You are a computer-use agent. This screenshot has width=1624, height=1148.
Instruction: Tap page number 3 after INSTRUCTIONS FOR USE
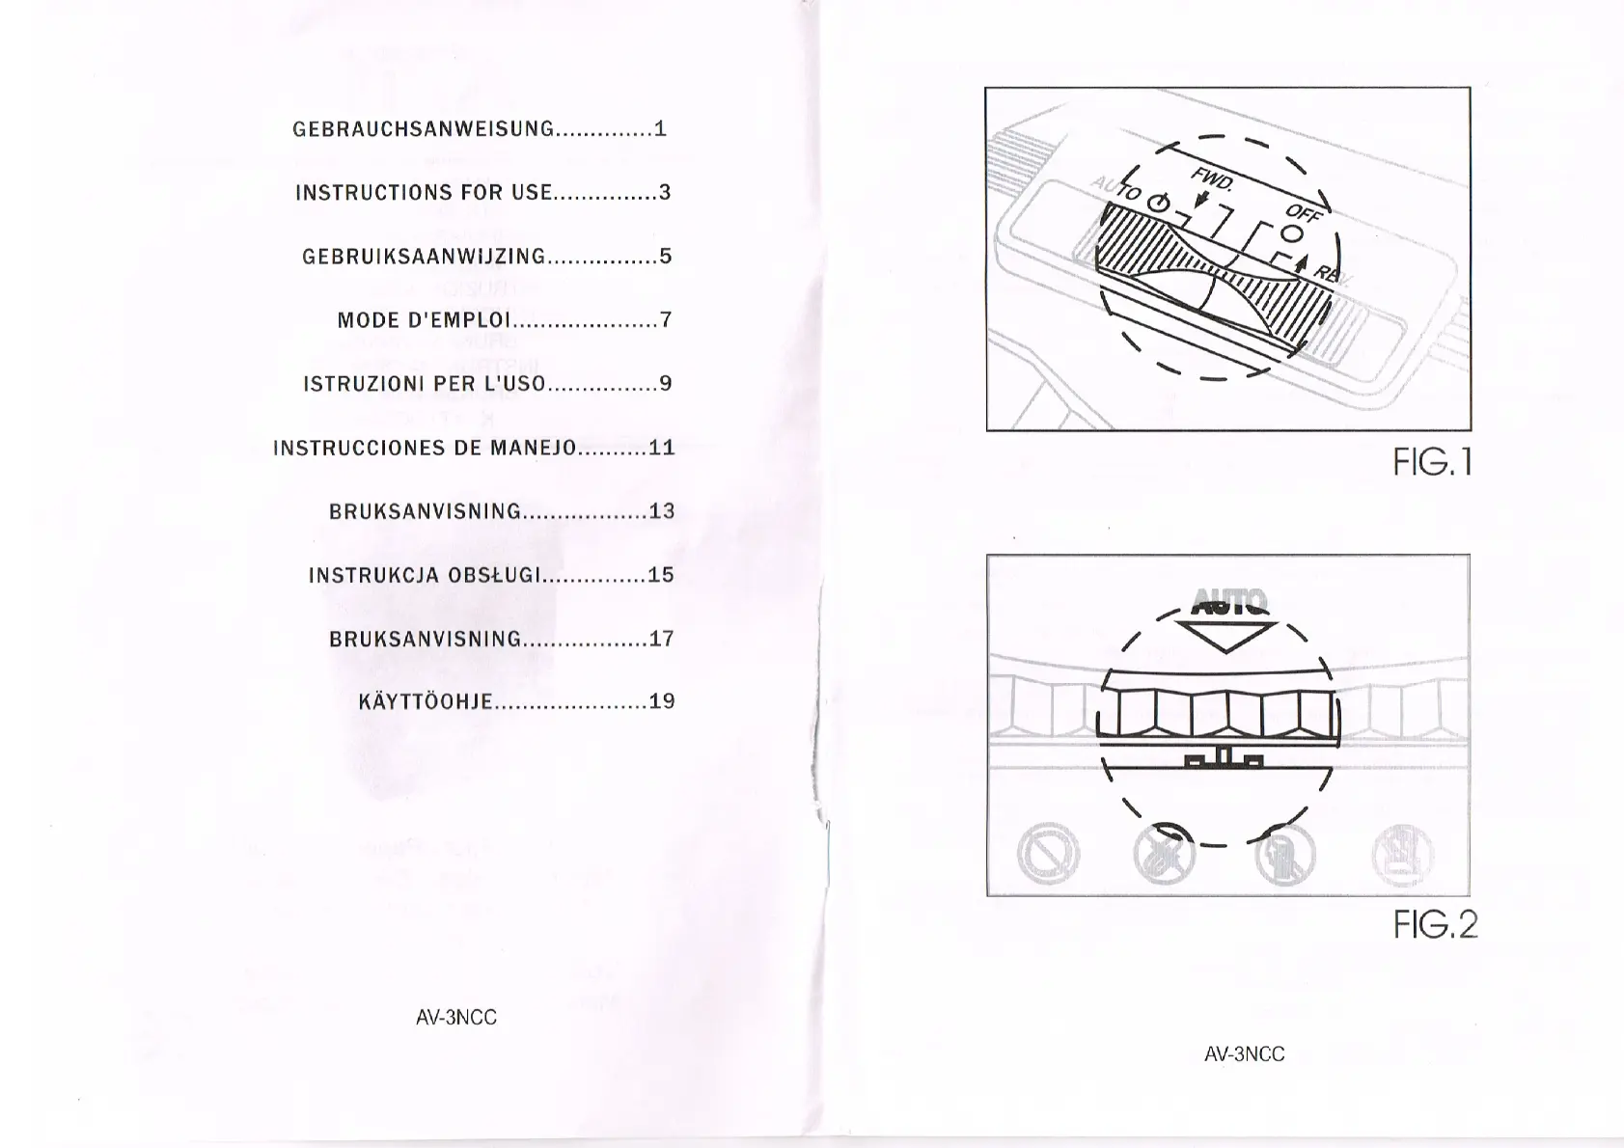coord(664,192)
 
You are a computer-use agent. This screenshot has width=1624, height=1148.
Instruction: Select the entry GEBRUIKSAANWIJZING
coord(424,257)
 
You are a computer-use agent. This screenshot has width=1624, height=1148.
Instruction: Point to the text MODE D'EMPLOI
coord(422,320)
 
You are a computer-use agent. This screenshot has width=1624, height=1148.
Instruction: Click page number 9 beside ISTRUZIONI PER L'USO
coord(664,384)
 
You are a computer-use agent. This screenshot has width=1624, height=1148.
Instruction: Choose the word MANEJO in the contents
coord(533,448)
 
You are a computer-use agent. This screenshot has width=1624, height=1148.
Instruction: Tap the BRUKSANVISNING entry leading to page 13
coord(425,511)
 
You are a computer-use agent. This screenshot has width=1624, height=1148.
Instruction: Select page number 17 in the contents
coord(661,639)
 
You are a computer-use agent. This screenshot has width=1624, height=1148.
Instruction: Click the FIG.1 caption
coord(1432,465)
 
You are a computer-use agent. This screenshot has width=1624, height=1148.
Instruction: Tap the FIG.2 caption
coord(1435,925)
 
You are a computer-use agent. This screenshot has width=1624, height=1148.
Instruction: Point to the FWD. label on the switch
coord(1212,180)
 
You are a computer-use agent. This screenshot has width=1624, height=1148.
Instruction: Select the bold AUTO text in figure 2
coord(1228,602)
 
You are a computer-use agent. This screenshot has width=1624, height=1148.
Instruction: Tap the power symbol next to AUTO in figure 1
coord(1160,204)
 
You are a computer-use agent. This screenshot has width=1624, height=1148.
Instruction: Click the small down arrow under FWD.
coord(1201,201)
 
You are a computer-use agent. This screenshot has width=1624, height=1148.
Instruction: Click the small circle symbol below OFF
coord(1292,232)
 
